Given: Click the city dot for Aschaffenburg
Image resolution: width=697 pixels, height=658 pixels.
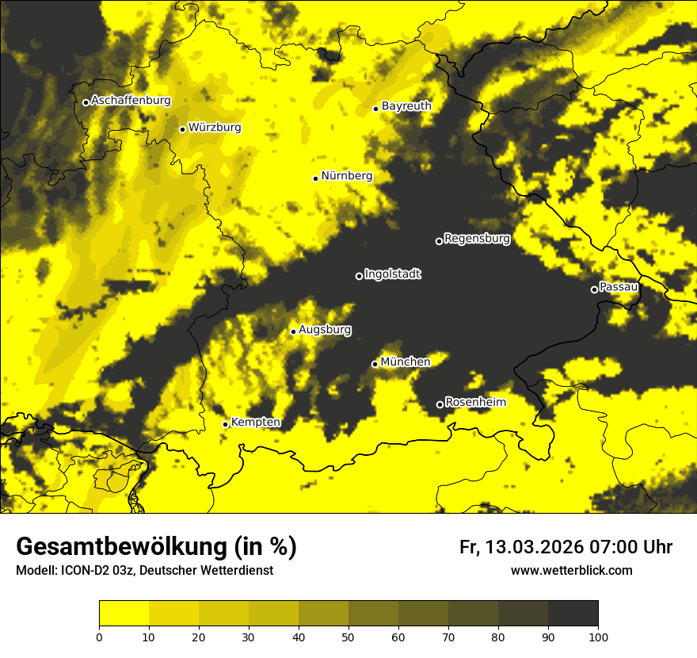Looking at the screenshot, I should [86, 102].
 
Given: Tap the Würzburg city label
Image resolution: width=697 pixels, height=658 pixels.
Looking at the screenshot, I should [215, 128].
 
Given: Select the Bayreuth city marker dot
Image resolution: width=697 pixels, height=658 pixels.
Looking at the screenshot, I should [375, 109].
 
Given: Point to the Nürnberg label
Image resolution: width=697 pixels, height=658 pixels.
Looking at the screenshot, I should [346, 176].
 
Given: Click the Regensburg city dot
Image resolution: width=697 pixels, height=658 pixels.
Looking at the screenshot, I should [439, 241].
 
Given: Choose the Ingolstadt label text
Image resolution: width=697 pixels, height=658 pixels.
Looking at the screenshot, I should [392, 274].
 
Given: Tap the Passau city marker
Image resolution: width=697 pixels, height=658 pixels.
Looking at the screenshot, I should [594, 289].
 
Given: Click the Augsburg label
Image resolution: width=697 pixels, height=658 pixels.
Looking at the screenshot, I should [325, 330].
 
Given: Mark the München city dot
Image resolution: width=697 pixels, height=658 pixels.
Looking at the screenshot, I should [375, 364].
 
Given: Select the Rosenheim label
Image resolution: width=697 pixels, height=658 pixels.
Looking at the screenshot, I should [475, 402].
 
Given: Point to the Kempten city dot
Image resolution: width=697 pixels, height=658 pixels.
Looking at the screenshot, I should [225, 424].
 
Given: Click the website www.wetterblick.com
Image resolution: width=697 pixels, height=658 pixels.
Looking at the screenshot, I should [571, 570].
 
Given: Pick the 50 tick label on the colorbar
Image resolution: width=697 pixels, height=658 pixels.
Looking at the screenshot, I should [348, 637].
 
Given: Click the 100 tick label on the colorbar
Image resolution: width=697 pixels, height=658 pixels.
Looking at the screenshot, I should [597, 637].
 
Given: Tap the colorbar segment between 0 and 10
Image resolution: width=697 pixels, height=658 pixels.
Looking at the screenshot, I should [124, 614].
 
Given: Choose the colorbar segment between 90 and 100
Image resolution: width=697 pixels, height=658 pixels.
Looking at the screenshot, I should [573, 614].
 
